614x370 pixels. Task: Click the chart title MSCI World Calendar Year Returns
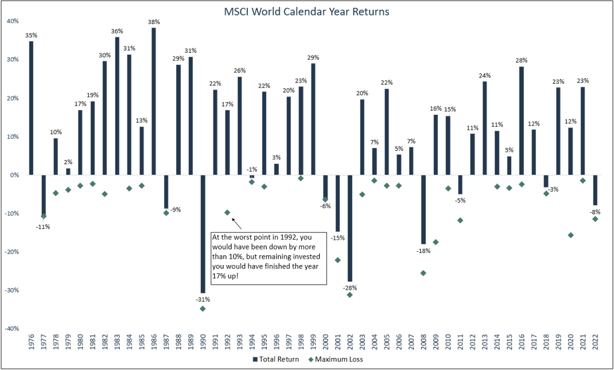[x=306, y=11]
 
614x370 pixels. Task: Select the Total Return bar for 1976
[x=31, y=107]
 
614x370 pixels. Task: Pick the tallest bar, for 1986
[x=154, y=101]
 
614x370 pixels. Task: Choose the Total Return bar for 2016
[x=521, y=120]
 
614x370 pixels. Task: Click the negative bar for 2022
[x=595, y=190]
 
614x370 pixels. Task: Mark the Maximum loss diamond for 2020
[x=570, y=235]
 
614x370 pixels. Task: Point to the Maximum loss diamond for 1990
[x=203, y=309]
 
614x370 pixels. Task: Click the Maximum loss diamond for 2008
[x=423, y=273]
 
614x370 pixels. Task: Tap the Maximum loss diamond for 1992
[x=227, y=213]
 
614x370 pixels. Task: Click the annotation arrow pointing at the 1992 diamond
[x=235, y=223]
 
